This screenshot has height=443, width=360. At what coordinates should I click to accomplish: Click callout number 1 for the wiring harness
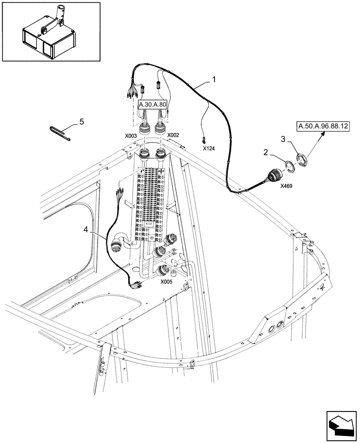[x=214, y=80]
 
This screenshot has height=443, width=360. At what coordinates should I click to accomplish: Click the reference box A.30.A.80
[x=153, y=105]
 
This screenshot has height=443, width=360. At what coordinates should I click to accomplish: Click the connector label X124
[x=208, y=149]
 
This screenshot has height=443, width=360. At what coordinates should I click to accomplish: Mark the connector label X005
[x=166, y=281]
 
